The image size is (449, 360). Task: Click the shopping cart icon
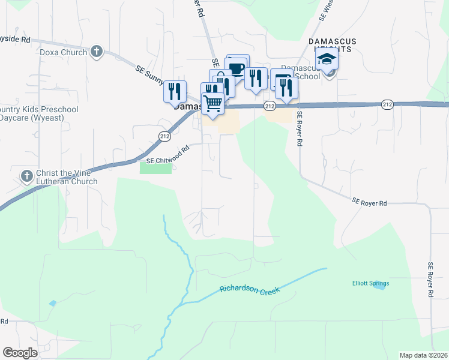[213, 103]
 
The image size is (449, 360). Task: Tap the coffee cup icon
[237, 67]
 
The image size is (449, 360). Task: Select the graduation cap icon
[327, 59]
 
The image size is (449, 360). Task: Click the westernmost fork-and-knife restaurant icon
[175, 91]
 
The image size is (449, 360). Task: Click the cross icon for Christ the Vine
[26, 176]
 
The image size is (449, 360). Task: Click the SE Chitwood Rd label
[168, 153]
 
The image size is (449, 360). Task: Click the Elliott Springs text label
[370, 283]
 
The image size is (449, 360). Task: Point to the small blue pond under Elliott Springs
[379, 287]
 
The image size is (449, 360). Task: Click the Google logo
[20, 353]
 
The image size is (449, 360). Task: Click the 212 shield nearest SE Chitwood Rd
[164, 137]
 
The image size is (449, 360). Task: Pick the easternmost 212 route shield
[387, 104]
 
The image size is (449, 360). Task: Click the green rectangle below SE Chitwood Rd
[155, 167]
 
